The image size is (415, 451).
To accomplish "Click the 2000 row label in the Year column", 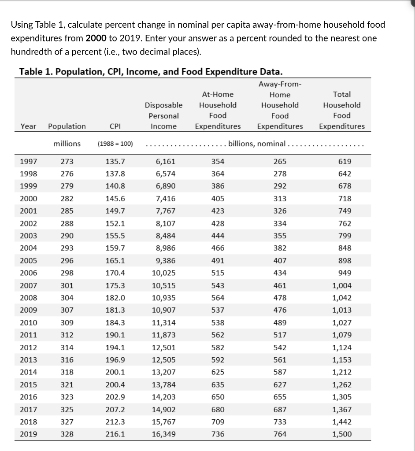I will (x=29, y=199).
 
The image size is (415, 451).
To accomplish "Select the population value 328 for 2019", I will (x=67, y=434).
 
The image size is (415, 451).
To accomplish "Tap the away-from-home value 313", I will (x=280, y=199).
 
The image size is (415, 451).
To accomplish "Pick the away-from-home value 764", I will (x=280, y=434).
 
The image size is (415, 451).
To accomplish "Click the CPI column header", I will (x=115, y=126).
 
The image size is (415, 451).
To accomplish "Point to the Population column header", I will (x=67, y=126).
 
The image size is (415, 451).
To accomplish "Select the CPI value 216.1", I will (x=115, y=434).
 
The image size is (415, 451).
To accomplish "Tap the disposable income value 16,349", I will (x=163, y=434).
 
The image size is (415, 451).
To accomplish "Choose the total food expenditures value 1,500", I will (x=342, y=434).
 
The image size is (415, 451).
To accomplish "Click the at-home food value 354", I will (x=218, y=161).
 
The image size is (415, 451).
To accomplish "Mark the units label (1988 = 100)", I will (x=115, y=144).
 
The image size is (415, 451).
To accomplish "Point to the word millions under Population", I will (x=67, y=144).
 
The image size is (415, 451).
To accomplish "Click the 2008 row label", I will (x=29, y=298).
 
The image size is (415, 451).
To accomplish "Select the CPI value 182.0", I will (x=115, y=298).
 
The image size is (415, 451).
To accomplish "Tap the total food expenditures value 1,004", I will (x=342, y=285).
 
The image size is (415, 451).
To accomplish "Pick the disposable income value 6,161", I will (x=163, y=161).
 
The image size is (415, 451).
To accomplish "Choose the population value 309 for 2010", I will (x=67, y=322).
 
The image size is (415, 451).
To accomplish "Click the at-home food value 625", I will (x=218, y=372).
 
